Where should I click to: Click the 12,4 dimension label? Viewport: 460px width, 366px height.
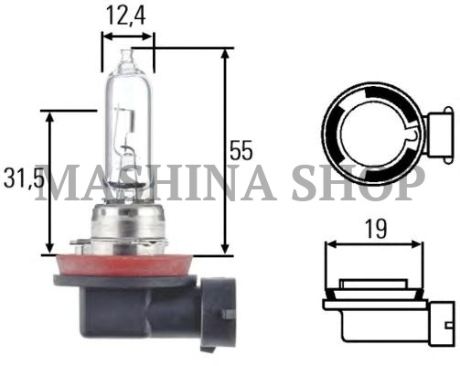point(125,16)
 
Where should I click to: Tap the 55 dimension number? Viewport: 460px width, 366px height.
point(241,150)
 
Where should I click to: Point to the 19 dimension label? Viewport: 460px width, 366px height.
point(375,229)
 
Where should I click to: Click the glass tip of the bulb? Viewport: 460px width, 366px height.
point(126,56)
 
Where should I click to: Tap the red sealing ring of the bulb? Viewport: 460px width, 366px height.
point(123,264)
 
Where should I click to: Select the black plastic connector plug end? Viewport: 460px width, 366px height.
point(217,314)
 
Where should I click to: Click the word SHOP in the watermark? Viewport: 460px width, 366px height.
point(358,183)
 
